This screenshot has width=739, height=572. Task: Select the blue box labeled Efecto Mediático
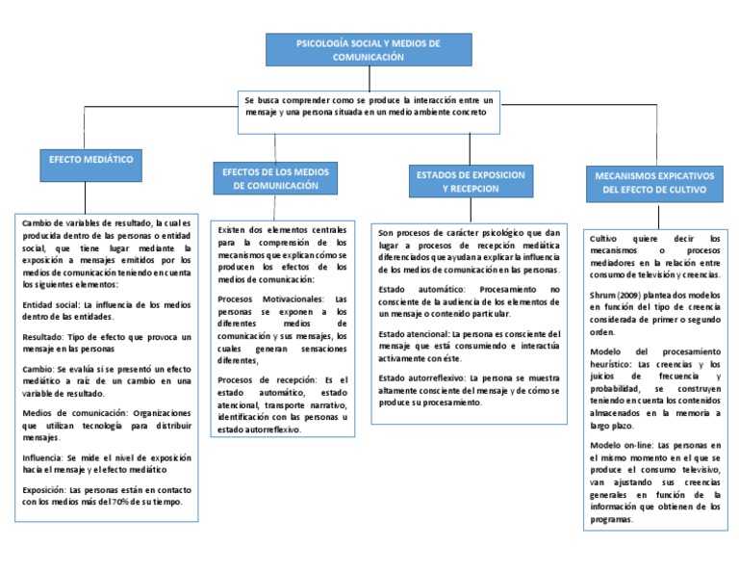click(x=91, y=159)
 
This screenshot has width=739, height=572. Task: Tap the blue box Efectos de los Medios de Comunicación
click(x=275, y=178)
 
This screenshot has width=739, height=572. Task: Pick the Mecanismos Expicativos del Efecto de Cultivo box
click(x=653, y=184)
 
